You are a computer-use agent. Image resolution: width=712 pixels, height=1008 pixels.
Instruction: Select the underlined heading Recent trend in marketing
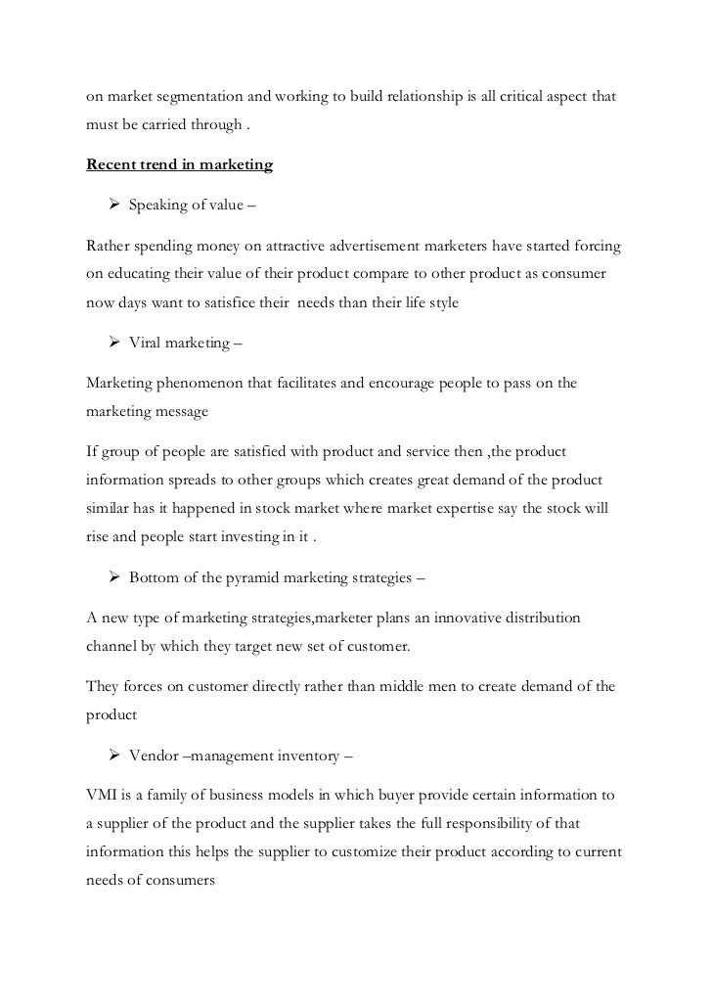pos(180,164)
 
